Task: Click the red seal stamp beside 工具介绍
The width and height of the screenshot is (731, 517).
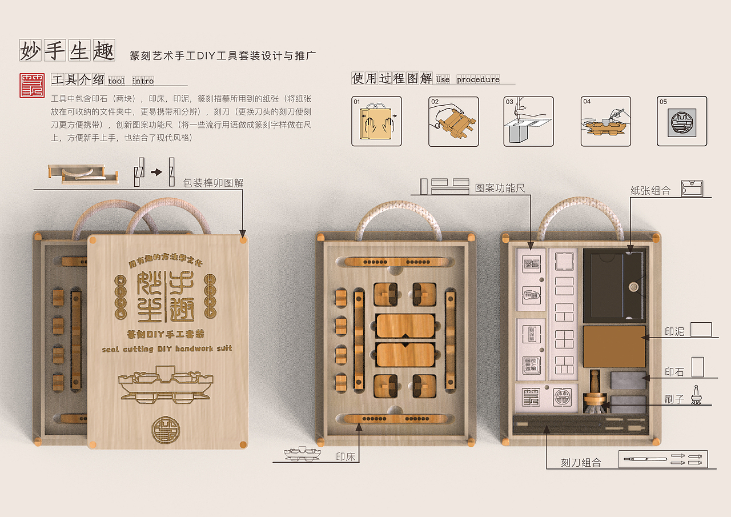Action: click(x=32, y=85)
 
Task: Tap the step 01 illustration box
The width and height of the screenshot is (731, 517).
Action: click(x=376, y=121)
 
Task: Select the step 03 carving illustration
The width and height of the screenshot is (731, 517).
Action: click(x=529, y=121)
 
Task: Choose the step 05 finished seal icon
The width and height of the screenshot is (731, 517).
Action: click(x=682, y=121)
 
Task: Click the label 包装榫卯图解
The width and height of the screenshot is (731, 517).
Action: click(x=213, y=183)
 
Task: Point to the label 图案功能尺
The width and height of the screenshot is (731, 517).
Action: click(x=500, y=187)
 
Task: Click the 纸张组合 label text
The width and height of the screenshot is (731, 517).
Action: click(x=650, y=191)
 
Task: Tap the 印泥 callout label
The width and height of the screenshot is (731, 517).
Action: click(x=674, y=331)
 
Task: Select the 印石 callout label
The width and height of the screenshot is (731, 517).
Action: click(x=674, y=371)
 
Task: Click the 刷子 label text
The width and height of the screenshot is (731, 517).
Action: click(x=674, y=399)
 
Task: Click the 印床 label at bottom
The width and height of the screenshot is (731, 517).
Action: click(x=347, y=456)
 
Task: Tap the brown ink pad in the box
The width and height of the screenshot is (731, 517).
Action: click(x=614, y=346)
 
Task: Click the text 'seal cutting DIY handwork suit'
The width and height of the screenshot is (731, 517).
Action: click(x=167, y=348)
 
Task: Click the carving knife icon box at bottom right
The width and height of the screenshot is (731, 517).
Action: click(x=663, y=459)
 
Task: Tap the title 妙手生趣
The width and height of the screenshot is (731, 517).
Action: click(x=67, y=50)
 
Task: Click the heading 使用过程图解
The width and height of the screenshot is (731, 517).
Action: click(x=392, y=78)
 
